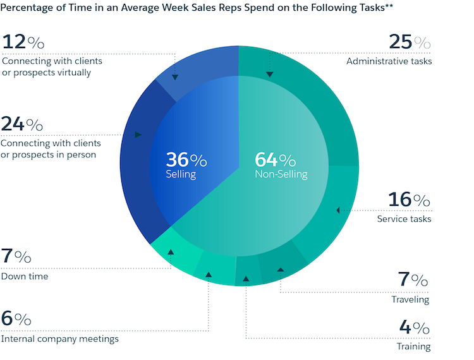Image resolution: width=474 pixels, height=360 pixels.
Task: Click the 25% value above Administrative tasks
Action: tap(410, 43)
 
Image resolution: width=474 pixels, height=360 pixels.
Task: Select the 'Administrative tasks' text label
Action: tap(389, 61)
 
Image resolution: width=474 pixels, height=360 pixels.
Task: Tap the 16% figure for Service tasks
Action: tap(409, 200)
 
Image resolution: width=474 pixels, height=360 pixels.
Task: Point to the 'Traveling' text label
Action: tap(410, 299)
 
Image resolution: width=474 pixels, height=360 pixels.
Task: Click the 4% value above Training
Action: tap(414, 328)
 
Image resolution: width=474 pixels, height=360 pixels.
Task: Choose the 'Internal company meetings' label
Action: tap(60, 339)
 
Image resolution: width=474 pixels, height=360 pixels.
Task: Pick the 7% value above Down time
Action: tap(16, 257)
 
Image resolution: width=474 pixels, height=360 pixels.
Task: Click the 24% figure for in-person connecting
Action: tap(22, 124)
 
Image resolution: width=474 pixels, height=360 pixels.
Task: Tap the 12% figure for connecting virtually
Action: tap(23, 43)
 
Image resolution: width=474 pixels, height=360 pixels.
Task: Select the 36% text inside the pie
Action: tap(186, 159)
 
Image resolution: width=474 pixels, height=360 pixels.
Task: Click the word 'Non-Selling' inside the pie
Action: tap(281, 174)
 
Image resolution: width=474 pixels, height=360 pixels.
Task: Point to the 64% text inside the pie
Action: tap(275, 159)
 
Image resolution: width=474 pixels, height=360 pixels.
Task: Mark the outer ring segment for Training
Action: tap(248, 272)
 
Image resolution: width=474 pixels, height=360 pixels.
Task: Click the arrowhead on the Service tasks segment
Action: tap(338, 210)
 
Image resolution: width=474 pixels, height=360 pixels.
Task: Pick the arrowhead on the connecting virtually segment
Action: tap(175, 77)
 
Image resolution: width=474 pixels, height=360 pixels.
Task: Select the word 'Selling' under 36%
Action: tap(181, 174)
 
